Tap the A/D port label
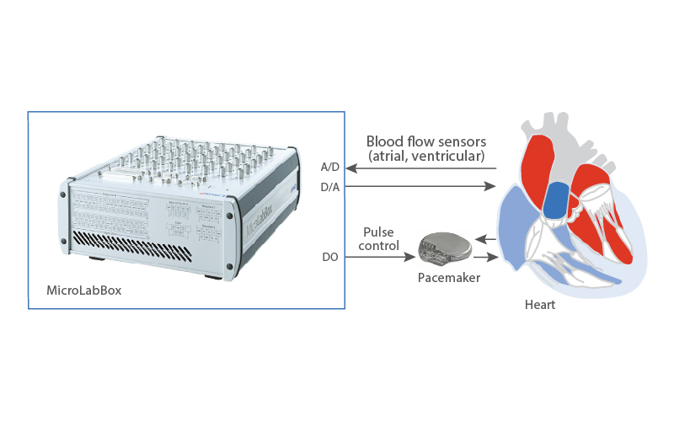click(330, 167)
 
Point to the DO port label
click(330, 256)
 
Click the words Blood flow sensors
click(426, 141)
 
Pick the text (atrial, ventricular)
click(426, 156)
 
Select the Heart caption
click(539, 305)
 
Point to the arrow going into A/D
click(421, 168)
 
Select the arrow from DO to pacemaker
click(379, 256)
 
